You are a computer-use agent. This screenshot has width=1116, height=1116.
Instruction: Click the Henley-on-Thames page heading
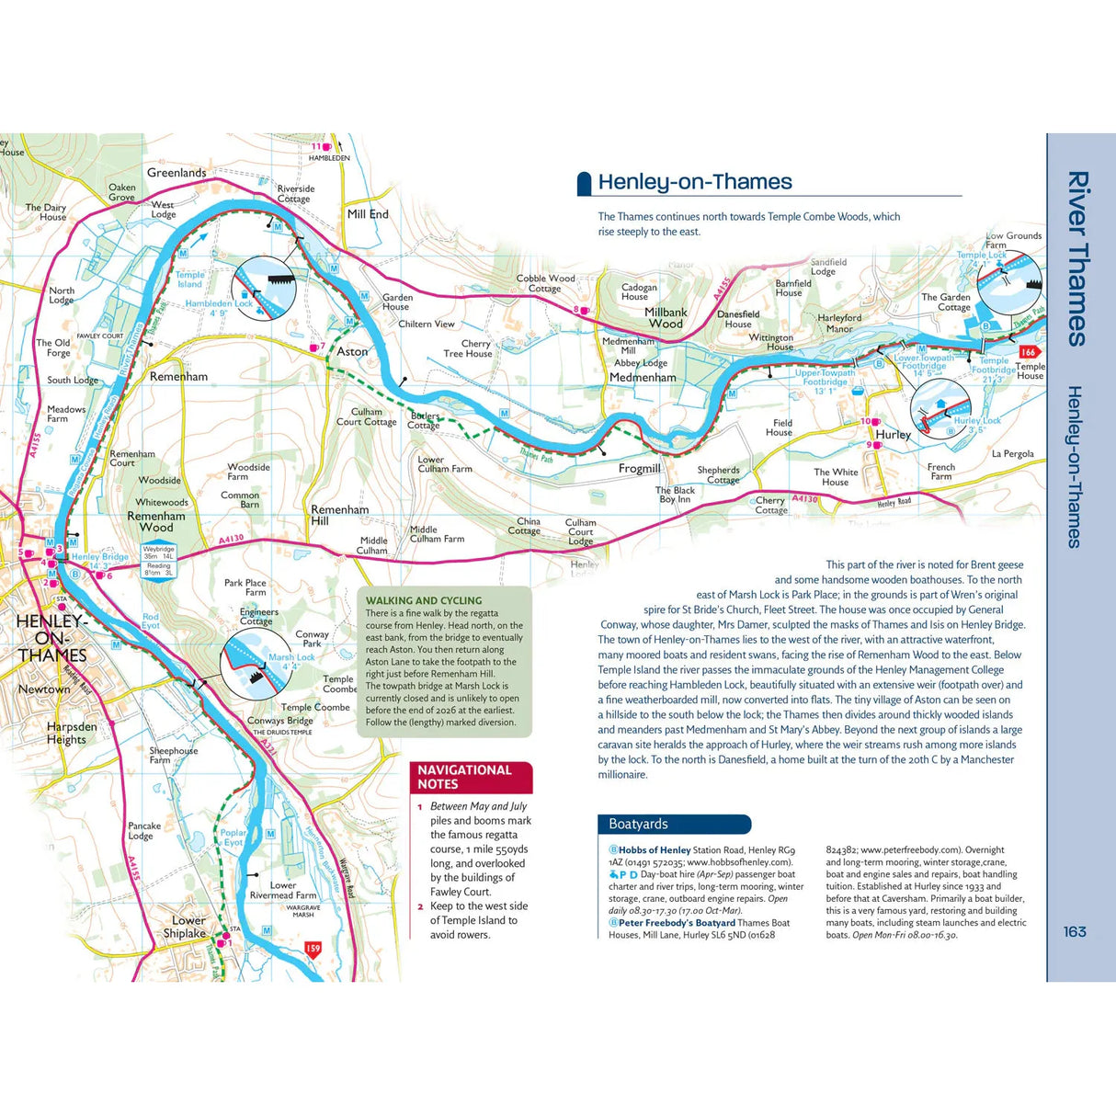point(694,182)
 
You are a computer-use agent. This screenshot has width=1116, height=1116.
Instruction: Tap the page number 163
point(1075,931)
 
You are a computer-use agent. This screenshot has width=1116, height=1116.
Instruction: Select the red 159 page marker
point(313,949)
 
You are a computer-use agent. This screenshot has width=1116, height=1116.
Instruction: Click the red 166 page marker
point(1028,352)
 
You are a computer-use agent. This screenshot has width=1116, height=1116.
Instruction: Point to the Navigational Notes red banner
point(471,777)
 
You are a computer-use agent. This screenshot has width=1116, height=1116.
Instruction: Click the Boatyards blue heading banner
point(674,824)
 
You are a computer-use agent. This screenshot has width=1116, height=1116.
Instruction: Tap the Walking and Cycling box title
point(424,600)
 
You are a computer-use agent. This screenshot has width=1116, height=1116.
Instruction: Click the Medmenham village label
point(643,377)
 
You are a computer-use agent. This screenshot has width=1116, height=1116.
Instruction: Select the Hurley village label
point(893,435)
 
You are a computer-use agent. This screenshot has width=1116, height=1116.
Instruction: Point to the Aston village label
point(352,351)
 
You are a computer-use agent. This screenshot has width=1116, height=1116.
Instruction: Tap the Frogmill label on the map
point(639,468)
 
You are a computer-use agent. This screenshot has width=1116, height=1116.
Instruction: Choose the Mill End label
point(368,214)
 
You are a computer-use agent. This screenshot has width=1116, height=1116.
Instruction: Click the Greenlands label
point(177,173)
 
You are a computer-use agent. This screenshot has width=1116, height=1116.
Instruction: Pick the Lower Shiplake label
point(188,926)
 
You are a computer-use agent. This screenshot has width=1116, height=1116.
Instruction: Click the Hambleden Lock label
point(219,303)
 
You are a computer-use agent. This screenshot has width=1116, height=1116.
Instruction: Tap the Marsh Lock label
point(291,657)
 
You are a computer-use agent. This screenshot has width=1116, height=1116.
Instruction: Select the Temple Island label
point(190,279)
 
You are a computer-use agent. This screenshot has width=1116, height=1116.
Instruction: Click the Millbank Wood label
point(666,317)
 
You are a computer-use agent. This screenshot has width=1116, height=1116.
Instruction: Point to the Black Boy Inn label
point(675,495)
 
